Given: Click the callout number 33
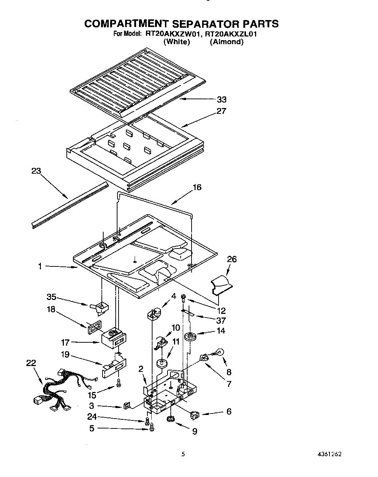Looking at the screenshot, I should pyautogui.click(x=221, y=99).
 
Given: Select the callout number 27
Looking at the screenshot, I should pyautogui.click(x=221, y=111).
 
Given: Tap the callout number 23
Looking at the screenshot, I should pyautogui.click(x=36, y=171).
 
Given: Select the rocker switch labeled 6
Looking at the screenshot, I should pyautogui.click(x=195, y=415).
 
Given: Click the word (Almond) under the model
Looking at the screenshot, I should pyautogui.click(x=226, y=42).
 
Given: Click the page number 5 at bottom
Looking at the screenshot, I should pyautogui.click(x=183, y=454).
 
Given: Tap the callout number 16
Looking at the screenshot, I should pyautogui.click(x=197, y=187).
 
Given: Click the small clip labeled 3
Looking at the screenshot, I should pyautogui.click(x=127, y=405).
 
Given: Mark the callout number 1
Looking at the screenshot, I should pyautogui.click(x=40, y=266).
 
